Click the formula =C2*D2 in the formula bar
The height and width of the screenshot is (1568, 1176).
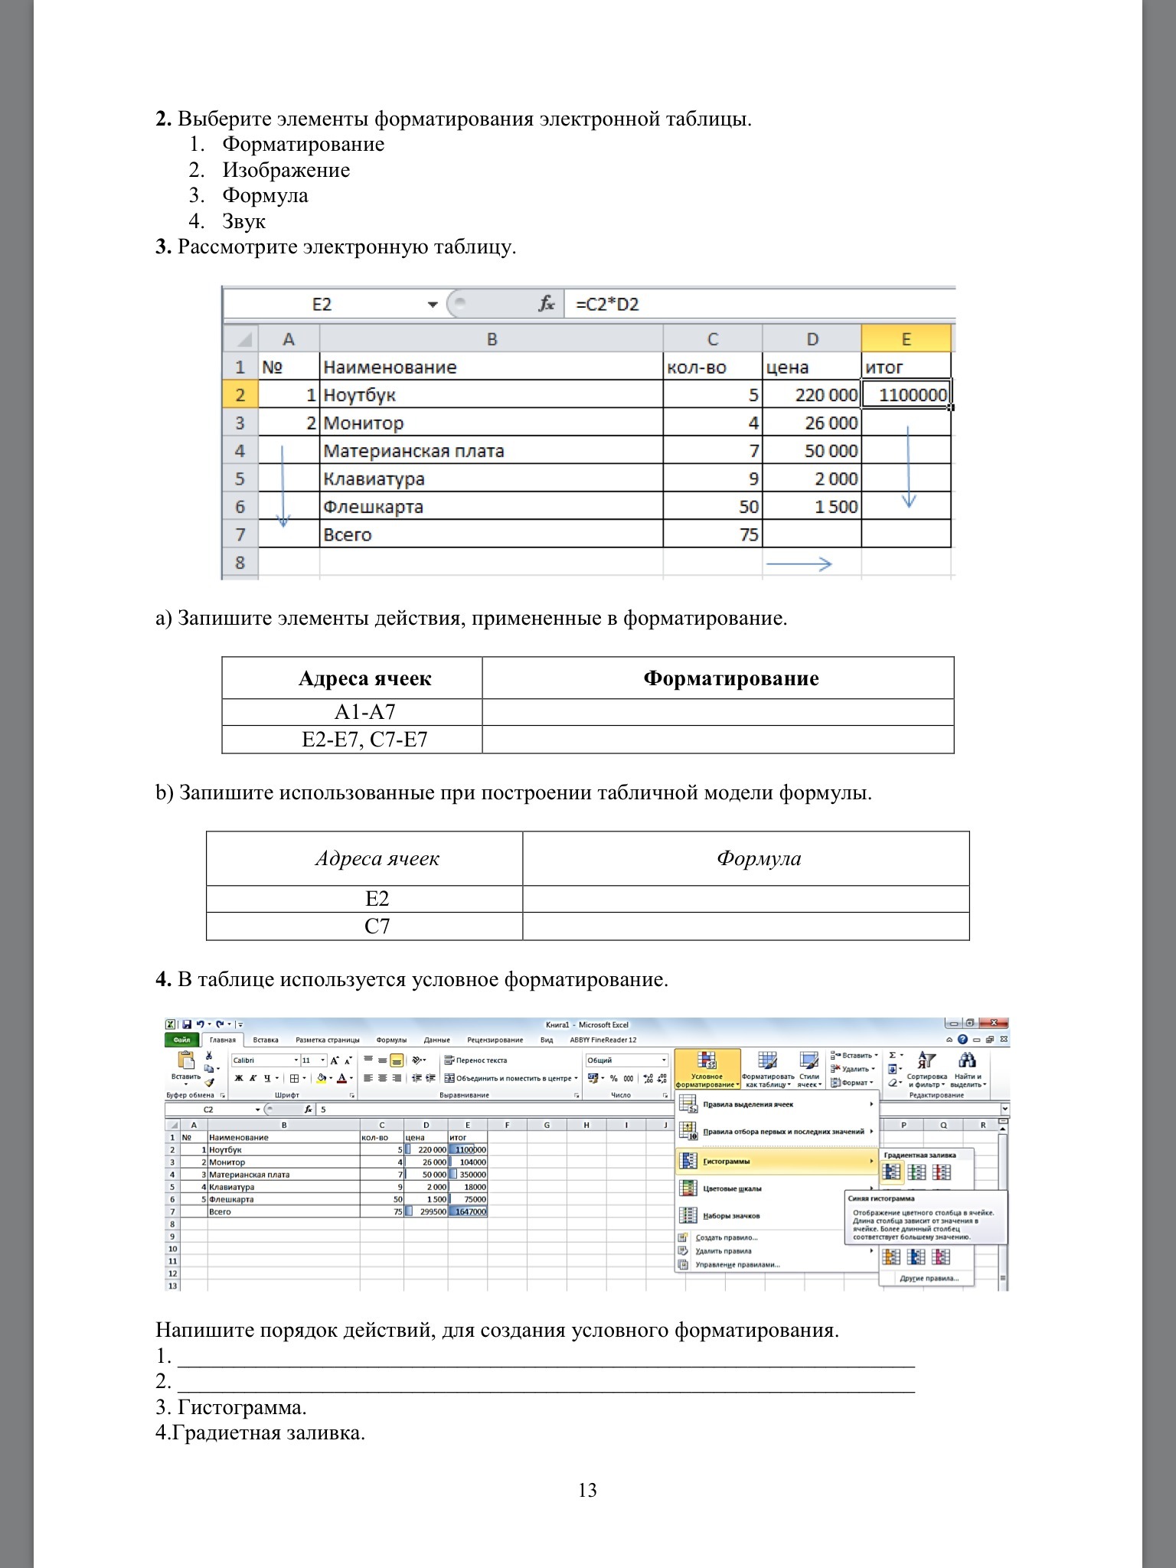point(607,305)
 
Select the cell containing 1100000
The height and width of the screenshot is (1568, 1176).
point(906,395)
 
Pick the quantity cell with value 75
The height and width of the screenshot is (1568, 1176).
point(713,534)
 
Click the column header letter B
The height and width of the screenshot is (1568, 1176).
point(492,339)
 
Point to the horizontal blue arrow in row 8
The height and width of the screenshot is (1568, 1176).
point(799,564)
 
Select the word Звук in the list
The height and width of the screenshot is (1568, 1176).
point(243,221)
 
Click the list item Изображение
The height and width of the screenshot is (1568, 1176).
point(286,170)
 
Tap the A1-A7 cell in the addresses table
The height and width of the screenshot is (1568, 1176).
point(365,712)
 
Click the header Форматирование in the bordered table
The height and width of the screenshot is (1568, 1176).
point(730,678)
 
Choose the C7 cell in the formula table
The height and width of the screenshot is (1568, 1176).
point(377,926)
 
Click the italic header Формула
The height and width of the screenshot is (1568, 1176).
point(759,858)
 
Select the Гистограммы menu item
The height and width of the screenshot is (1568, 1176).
point(727,1161)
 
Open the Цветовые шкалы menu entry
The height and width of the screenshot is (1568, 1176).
point(732,1189)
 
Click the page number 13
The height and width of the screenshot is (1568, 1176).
point(587,1490)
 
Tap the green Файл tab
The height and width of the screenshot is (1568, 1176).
point(181,1040)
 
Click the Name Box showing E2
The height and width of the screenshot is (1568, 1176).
point(322,305)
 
